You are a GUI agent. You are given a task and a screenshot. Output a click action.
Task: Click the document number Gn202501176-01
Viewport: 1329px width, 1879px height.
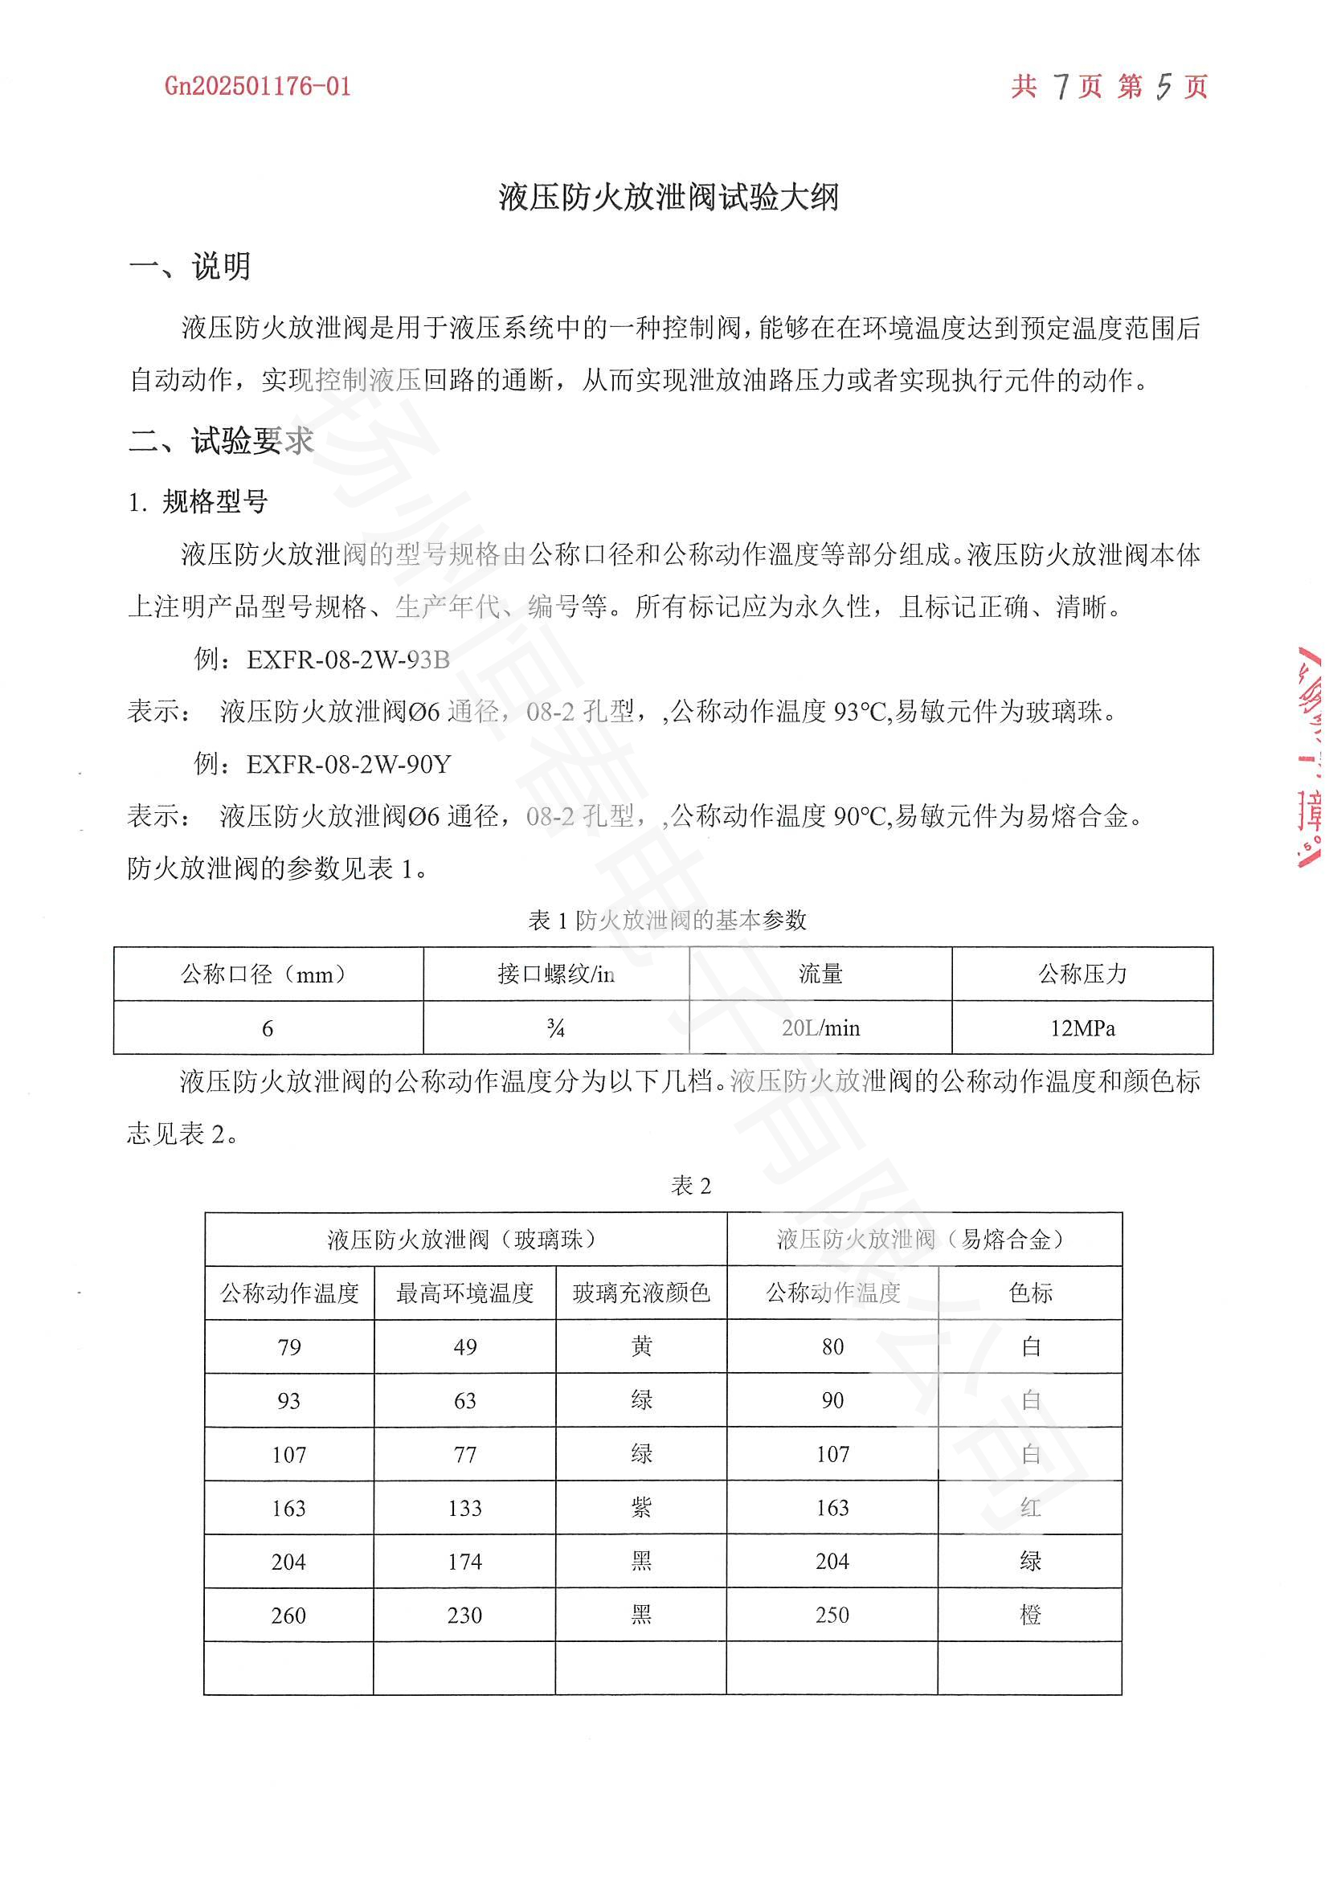pyautogui.click(x=258, y=86)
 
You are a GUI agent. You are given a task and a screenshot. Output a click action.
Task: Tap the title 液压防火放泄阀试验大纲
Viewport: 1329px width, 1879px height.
pyautogui.click(x=668, y=198)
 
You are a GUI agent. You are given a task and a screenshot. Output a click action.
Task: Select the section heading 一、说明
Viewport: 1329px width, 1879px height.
pyautogui.click(x=190, y=267)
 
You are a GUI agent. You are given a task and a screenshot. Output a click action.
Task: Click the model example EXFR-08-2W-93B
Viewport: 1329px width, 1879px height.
pyautogui.click(x=348, y=660)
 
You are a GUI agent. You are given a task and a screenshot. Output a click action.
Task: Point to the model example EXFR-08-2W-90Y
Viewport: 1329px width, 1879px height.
pyautogui.click(x=349, y=763)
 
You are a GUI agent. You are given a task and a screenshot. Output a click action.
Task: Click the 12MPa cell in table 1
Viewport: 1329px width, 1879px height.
pyautogui.click(x=1082, y=1028)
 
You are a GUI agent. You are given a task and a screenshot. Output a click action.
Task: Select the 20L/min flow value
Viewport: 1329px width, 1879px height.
pyautogui.click(x=821, y=1028)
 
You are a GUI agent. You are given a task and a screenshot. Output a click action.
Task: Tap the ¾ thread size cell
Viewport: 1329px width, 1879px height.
pyautogui.click(x=556, y=1028)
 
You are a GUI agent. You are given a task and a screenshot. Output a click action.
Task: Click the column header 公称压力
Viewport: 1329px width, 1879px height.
pyautogui.click(x=1082, y=974)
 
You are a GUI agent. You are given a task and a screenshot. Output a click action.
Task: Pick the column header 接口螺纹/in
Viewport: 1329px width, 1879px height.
pyautogui.click(x=556, y=974)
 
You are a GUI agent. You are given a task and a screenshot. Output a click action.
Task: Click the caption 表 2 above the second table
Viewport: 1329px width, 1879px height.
pyautogui.click(x=691, y=1185)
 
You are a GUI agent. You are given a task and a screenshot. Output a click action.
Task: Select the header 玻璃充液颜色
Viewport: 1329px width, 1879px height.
pyautogui.click(x=640, y=1293)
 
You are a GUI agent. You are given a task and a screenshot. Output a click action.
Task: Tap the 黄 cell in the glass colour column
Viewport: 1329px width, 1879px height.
pyautogui.click(x=641, y=1346)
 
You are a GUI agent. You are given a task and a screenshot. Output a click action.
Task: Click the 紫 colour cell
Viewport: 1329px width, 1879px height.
pyautogui.click(x=641, y=1507)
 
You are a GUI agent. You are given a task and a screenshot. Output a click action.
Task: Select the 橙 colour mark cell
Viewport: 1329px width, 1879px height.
pyautogui.click(x=1030, y=1615)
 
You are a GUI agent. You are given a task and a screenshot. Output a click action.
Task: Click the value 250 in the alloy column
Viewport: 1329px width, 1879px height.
pyautogui.click(x=832, y=1615)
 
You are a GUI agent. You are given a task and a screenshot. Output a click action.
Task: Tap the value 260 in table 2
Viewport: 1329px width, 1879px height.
pyautogui.click(x=289, y=1616)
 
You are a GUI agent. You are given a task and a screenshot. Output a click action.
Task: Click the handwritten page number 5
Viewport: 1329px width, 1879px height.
pyautogui.click(x=1163, y=86)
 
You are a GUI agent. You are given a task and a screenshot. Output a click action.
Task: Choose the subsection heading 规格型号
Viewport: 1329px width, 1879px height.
pyautogui.click(x=215, y=501)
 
